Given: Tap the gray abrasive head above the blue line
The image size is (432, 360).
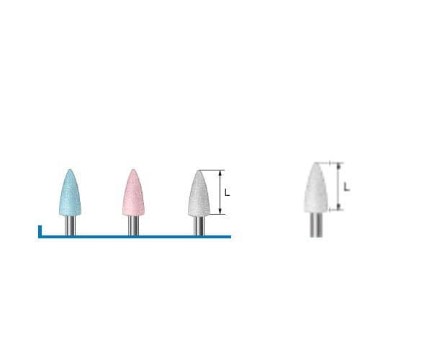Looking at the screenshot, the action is pos(199,193).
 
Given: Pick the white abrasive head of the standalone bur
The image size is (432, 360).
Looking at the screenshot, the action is pos(316,188).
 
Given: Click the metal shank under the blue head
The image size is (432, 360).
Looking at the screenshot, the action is pos(70,225).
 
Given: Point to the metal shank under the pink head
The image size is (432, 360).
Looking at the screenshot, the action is pos(133,225).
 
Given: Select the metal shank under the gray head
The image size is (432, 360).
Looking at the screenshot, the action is pos(199,225).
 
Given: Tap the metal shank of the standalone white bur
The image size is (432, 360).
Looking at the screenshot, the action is pos(316,225).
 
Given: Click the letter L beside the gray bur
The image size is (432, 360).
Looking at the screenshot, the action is pos(227,192).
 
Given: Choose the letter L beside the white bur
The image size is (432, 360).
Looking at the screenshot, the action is pos(346,187).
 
